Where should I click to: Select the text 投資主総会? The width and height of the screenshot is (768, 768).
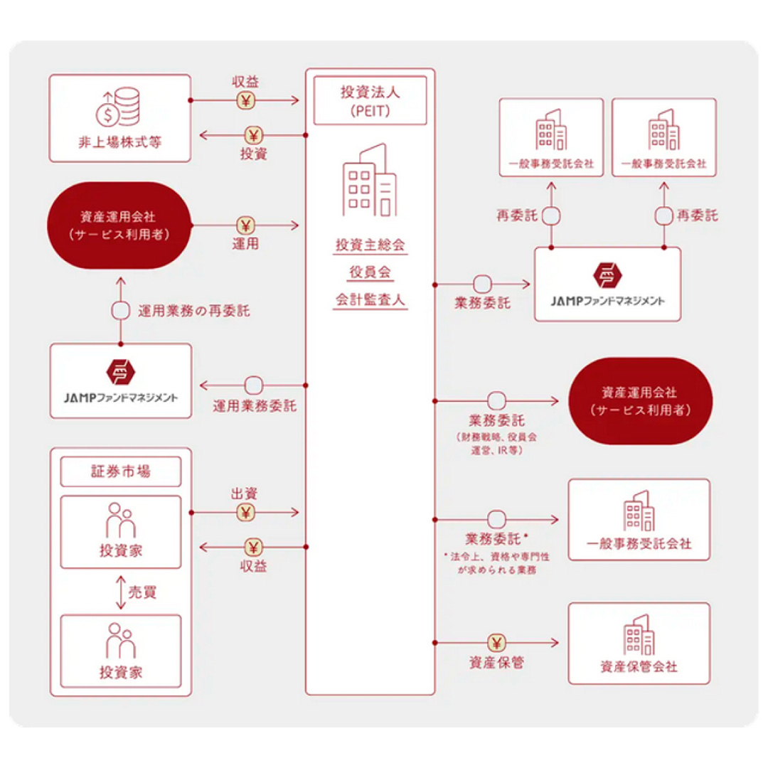(370, 245)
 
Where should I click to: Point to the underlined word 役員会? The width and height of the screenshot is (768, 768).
(370, 272)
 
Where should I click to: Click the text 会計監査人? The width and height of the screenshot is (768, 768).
(370, 299)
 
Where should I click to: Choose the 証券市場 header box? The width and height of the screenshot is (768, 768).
(121, 471)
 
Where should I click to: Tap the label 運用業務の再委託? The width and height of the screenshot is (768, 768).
(193, 311)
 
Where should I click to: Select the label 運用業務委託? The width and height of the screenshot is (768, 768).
(255, 407)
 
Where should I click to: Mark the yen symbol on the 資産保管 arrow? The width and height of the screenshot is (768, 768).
(496, 643)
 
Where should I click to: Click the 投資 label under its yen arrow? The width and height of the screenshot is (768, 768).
(254, 153)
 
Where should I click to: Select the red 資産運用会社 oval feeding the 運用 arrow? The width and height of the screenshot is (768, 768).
(119, 227)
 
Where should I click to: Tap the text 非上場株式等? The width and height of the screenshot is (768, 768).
(119, 141)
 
